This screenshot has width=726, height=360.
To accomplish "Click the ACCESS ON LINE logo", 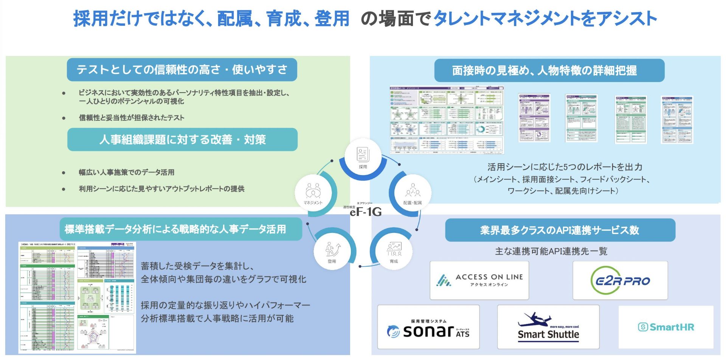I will coord(479,280).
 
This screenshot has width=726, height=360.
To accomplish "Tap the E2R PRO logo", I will coord(620,281).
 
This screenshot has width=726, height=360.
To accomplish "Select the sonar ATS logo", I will coord(428,327).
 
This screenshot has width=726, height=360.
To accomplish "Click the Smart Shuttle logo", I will coord(548,327).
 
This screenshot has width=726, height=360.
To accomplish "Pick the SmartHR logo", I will coord(666,327).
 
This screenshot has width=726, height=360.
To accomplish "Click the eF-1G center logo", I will coord(365,211).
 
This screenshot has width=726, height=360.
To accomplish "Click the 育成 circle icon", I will coord(394,251).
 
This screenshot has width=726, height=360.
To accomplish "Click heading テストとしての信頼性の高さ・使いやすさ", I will coord(182,70).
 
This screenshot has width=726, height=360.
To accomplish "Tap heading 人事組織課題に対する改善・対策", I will coord(182,140).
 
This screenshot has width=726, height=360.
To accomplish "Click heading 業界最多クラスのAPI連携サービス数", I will coord(560,230).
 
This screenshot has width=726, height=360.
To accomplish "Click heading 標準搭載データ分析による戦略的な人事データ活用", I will coord(175,229).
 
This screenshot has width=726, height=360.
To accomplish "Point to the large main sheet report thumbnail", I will coord(447,119).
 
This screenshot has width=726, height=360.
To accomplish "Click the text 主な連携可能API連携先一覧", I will coord(551,251).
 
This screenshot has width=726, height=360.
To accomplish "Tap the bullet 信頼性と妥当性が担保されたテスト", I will coord(131,118).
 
